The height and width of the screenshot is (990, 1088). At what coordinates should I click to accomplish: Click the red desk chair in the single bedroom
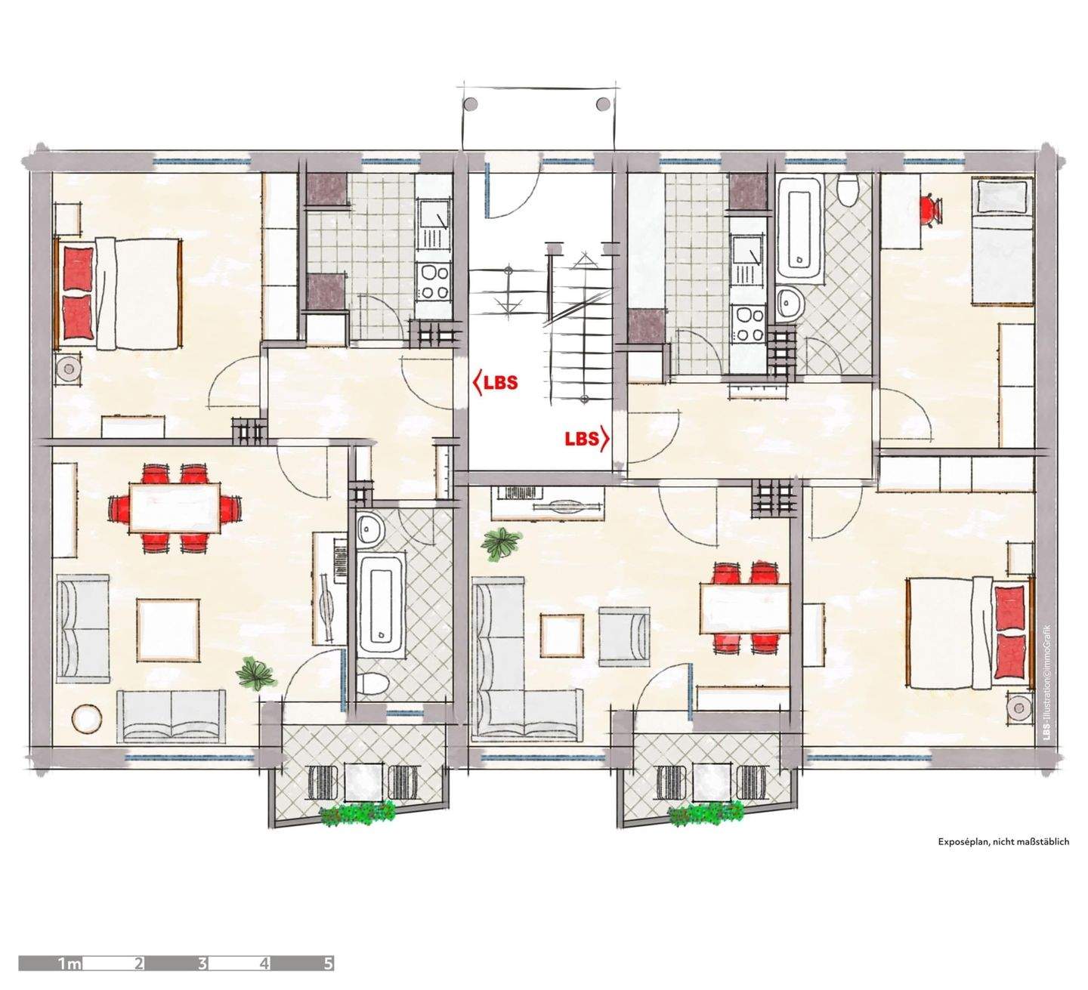[932, 208]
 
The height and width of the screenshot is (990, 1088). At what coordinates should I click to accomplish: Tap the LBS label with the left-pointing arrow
[496, 382]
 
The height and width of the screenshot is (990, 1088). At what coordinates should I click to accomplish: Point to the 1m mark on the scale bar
[70, 963]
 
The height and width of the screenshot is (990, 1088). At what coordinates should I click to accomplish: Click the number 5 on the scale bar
[328, 963]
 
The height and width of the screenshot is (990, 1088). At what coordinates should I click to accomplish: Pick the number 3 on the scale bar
[202, 963]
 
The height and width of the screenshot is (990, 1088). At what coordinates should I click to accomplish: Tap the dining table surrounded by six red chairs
[175, 507]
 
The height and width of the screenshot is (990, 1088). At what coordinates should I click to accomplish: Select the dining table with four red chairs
[745, 607]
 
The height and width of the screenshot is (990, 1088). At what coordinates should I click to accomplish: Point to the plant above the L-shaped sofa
[502, 541]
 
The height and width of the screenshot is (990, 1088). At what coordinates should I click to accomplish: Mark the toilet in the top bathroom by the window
[847, 190]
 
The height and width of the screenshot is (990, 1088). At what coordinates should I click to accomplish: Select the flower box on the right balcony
[706, 814]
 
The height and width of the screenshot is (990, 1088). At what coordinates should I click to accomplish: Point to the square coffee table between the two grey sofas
[168, 630]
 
